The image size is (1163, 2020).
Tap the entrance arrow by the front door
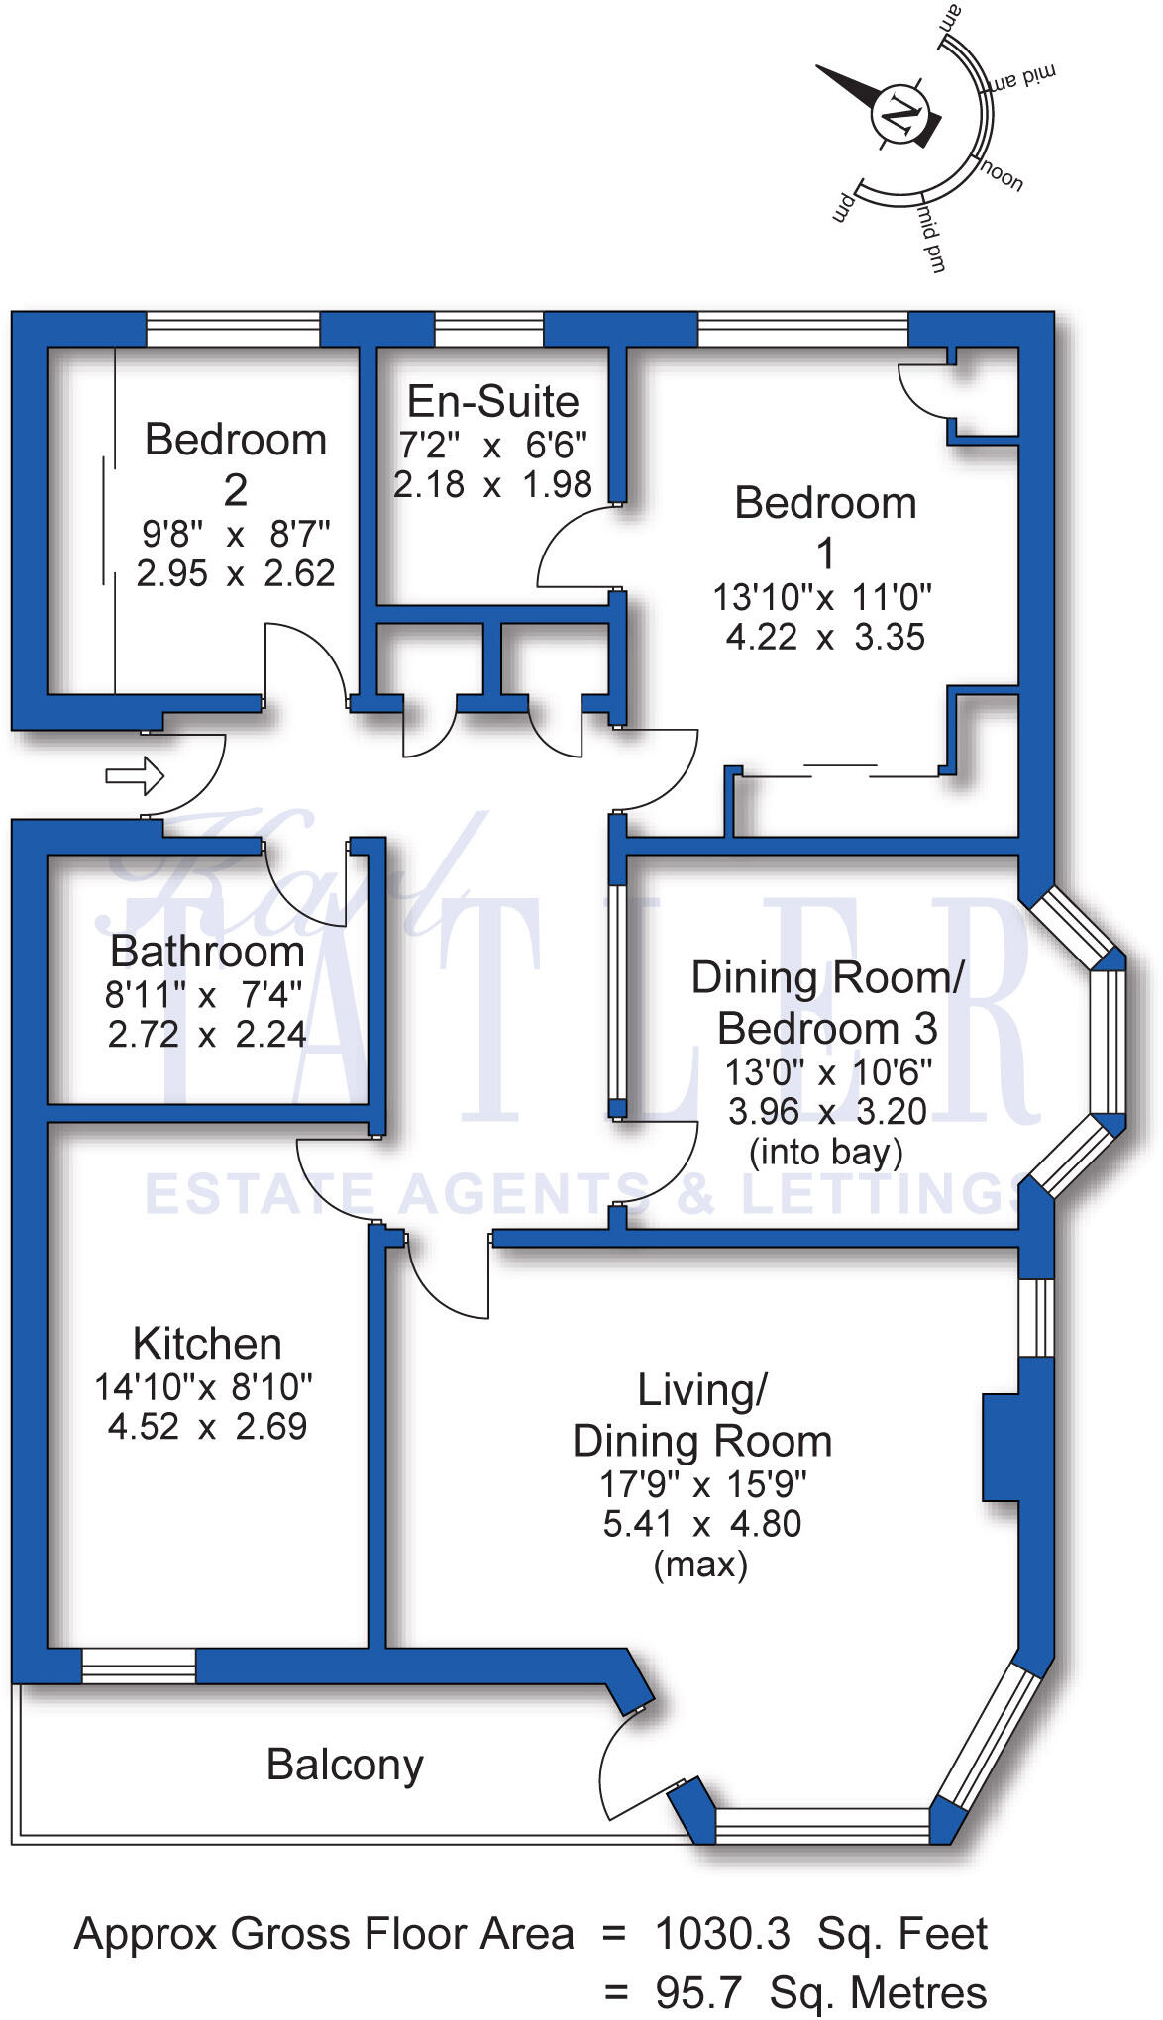pyautogui.click(x=135, y=775)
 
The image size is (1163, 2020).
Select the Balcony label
pyautogui.click(x=345, y=1766)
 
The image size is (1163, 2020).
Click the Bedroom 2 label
pyautogui.click(x=236, y=463)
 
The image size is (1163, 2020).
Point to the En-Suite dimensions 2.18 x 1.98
pyautogui.click(x=492, y=485)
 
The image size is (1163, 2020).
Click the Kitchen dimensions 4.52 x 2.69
pyautogui.click(x=207, y=1427)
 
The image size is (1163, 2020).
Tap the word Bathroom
pyautogui.click(x=207, y=952)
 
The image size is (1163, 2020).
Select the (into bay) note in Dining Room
pyautogui.click(x=826, y=1153)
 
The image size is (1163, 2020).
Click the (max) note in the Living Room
pyautogui.click(x=700, y=1565)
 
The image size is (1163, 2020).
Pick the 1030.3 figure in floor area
pyautogui.click(x=723, y=1934)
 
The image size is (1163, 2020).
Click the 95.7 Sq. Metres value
pyautogui.click(x=820, y=1992)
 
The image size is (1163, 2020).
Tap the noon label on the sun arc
pyautogui.click(x=1001, y=175)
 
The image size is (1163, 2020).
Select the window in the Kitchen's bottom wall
pyautogui.click(x=139, y=1666)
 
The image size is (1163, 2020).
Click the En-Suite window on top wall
pyautogui.click(x=489, y=329)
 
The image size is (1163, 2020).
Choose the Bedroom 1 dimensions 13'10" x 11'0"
pyautogui.click(x=822, y=598)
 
